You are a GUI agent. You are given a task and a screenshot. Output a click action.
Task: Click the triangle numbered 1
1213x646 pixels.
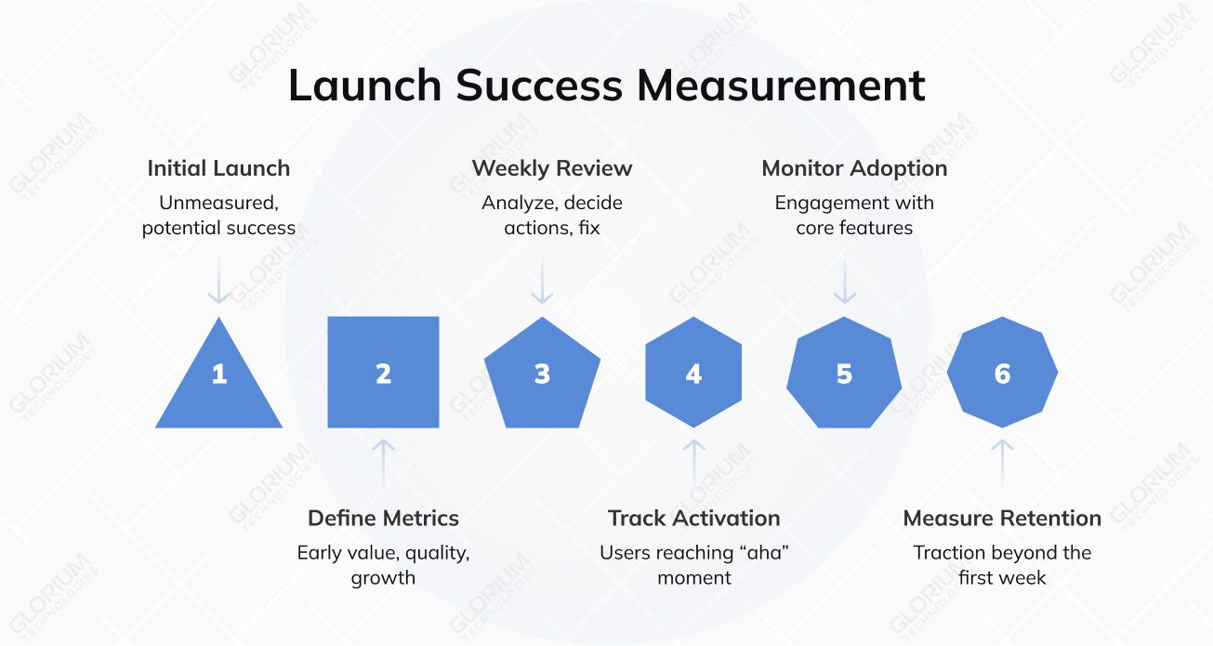pyautogui.click(x=218, y=381)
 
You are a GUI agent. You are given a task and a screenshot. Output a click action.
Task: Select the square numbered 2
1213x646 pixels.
pyautogui.click(x=383, y=373)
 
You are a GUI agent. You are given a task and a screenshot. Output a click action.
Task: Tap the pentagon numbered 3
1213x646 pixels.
pyautogui.click(x=542, y=374)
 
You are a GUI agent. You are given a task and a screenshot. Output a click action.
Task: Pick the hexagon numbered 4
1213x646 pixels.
pyautogui.click(x=693, y=373)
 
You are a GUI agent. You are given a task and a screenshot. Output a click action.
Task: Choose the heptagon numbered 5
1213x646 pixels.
pyautogui.click(x=844, y=373)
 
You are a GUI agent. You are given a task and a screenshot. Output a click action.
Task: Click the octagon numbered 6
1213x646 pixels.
pyautogui.click(x=1002, y=373)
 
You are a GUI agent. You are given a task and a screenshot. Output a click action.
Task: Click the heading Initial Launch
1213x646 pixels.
pyautogui.click(x=218, y=168)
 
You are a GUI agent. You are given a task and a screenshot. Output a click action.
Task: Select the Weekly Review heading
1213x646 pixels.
pyautogui.click(x=552, y=168)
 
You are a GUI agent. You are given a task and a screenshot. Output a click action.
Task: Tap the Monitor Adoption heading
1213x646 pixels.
pyautogui.click(x=854, y=168)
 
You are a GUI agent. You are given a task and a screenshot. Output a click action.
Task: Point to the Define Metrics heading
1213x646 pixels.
pyautogui.click(x=383, y=518)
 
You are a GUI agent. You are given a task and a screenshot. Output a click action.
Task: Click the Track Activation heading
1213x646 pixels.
pyautogui.click(x=693, y=518)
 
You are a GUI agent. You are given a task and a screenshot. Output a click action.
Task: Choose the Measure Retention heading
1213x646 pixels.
pyautogui.click(x=1002, y=518)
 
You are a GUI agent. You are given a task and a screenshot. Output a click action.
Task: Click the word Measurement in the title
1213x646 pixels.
pyautogui.click(x=781, y=86)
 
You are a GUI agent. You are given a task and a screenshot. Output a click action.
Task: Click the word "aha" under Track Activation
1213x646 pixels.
pyautogui.click(x=763, y=553)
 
